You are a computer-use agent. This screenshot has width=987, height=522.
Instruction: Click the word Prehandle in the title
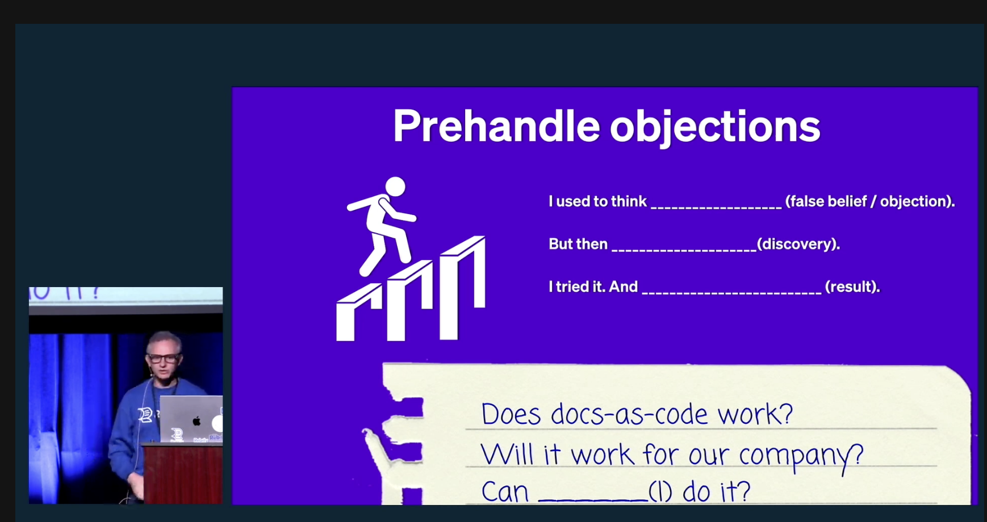pyautogui.click(x=496, y=125)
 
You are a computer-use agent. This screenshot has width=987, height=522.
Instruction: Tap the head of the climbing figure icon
pyautogui.click(x=395, y=187)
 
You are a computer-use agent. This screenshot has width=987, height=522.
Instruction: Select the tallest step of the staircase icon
pyautogui.click(x=463, y=287)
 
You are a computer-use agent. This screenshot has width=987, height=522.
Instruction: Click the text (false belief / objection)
pyautogui.click(x=870, y=201)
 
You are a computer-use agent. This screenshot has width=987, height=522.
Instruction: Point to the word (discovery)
pyautogui.click(x=798, y=244)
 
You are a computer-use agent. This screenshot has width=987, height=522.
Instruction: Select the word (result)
pyautogui.click(x=852, y=287)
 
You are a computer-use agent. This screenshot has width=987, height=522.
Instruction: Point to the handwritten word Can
pyautogui.click(x=505, y=491)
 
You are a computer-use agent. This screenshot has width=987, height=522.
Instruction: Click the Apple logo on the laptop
pyautogui.click(x=196, y=421)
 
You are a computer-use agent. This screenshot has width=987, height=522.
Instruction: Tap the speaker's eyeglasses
pyautogui.click(x=163, y=358)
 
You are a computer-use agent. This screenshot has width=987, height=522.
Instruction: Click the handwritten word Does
pyautogui.click(x=511, y=414)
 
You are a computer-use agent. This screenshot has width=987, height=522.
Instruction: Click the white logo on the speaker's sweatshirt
pyautogui.click(x=145, y=415)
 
